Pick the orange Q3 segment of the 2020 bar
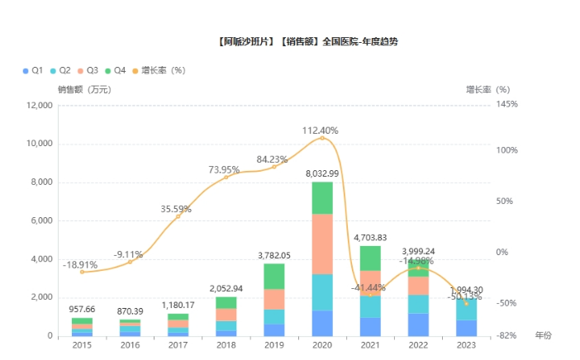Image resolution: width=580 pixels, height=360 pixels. tap(322, 244)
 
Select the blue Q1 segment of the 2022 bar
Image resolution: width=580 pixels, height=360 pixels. tap(419, 324)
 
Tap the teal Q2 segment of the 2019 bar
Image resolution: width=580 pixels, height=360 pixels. tap(274, 316)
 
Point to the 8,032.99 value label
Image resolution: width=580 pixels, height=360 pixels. tap(322, 173)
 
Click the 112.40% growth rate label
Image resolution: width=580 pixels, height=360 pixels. tap(320, 130)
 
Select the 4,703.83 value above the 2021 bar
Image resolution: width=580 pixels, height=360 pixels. tap(370, 238)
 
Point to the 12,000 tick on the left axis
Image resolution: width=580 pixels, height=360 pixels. tap(39, 106)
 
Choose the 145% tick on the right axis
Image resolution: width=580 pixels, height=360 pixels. tap(508, 106)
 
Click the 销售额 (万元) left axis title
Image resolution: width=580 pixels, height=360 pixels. tap(83, 89)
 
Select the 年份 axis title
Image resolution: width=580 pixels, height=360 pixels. tap(543, 335)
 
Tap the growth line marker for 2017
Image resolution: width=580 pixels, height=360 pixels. tap(178, 216)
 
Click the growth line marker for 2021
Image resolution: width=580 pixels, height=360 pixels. tap(370, 295)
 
